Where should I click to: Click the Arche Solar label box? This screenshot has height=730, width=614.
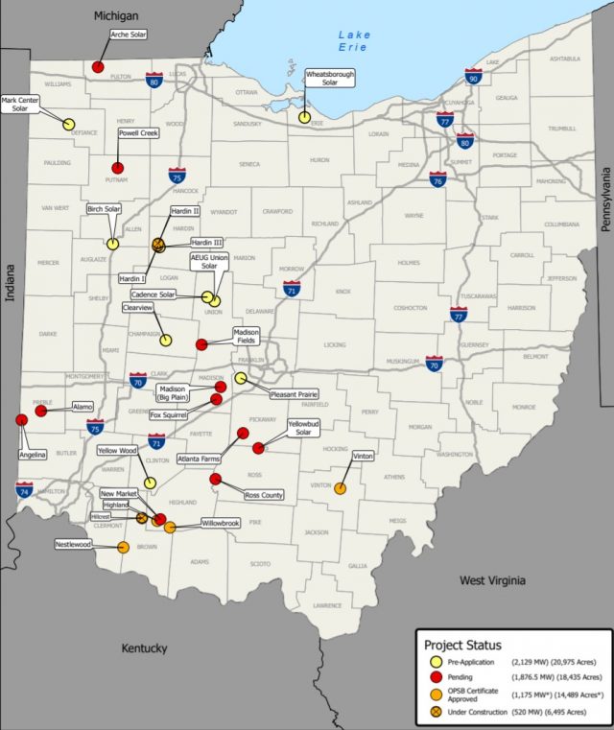[x=128, y=34]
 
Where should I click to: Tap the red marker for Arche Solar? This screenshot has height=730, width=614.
[x=98, y=67]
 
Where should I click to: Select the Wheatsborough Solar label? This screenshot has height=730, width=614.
[x=330, y=78]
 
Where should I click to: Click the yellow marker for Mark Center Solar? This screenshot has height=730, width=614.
[x=69, y=124]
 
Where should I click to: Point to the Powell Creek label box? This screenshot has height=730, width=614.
[x=138, y=133]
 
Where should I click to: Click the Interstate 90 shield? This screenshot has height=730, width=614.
[x=473, y=76]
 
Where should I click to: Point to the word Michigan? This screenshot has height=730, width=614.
[x=116, y=16]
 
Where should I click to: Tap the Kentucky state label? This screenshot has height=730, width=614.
[x=144, y=648]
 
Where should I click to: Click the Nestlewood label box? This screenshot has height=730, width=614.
[x=74, y=544]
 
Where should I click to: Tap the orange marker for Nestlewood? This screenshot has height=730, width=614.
[x=123, y=548]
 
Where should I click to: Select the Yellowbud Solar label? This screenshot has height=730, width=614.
[x=303, y=427]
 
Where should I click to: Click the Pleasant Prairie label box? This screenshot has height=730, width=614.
[x=294, y=393]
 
